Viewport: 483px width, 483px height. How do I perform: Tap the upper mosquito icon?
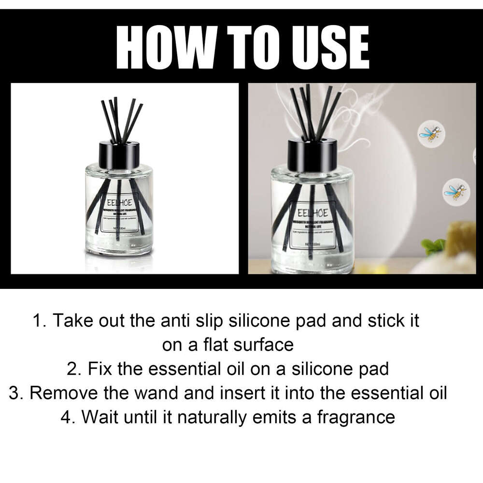pyautogui.click(x=430, y=132)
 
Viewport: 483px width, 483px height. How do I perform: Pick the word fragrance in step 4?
pyautogui.click(x=356, y=417)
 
